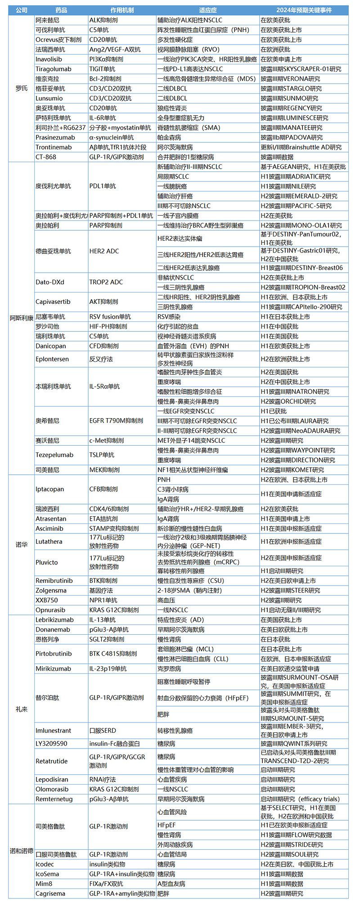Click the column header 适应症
tap(207, 10)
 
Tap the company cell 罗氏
tap(21, 89)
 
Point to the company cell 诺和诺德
tap(21, 851)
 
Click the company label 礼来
tap(21, 709)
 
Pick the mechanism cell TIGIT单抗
tap(102, 69)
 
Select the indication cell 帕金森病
tap(169, 137)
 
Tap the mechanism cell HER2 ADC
tap(104, 251)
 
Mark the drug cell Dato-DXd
tap(50, 282)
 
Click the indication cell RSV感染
tap(169, 317)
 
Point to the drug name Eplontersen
tap(52, 359)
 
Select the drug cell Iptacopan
tap(50, 489)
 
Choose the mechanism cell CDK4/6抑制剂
tap(109, 509)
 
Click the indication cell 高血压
tap(166, 600)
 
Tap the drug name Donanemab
tap(53, 630)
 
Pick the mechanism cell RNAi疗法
tap(103, 779)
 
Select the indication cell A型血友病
tap(171, 884)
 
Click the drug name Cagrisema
tap(50, 893)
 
